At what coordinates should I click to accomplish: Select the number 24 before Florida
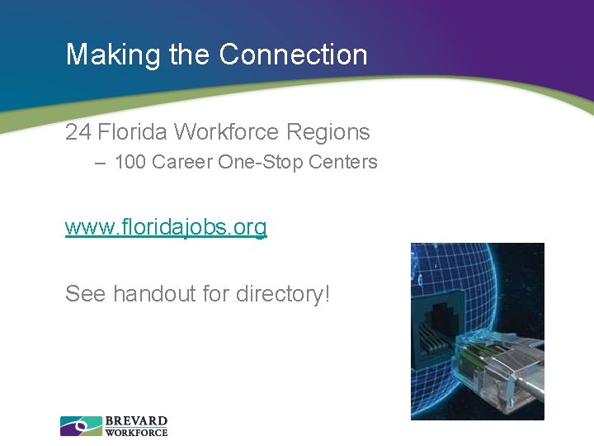[x=78, y=131]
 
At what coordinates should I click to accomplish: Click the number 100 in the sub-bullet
[x=130, y=162]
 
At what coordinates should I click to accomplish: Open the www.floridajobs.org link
[x=166, y=227]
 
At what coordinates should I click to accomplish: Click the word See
[x=86, y=293]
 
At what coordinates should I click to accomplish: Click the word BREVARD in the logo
[x=136, y=421]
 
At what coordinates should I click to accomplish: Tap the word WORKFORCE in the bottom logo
[x=136, y=432]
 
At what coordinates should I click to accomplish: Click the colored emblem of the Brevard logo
[x=81, y=426]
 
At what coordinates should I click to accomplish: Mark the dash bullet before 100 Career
[x=100, y=163]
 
